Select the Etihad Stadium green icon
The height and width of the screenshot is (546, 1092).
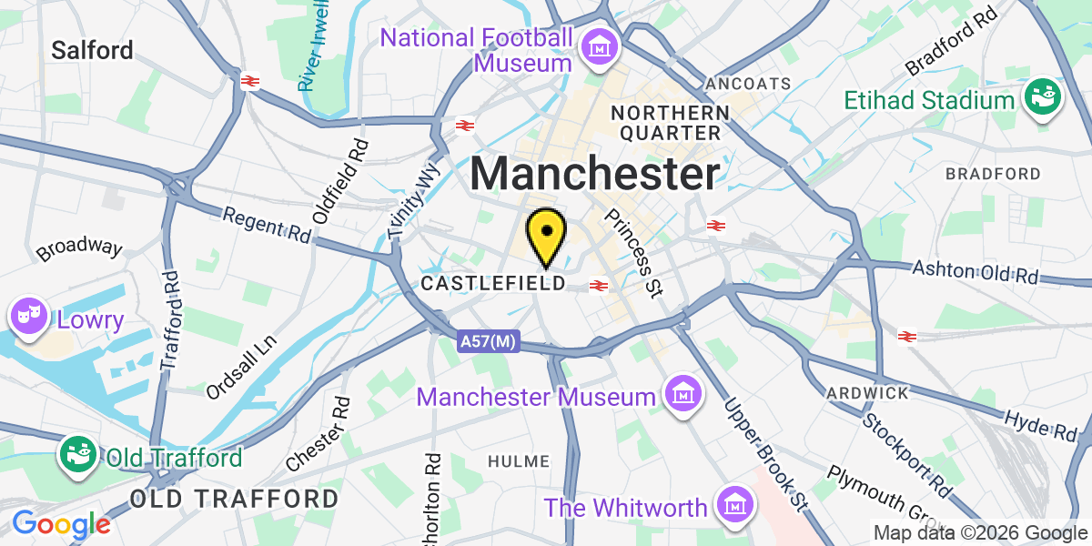coord(1043,97)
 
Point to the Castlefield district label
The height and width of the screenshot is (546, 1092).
coord(492,284)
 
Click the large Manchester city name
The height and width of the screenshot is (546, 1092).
coord(596,173)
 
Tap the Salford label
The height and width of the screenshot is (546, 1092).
coord(92,49)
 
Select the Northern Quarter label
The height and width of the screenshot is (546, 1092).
coord(671,123)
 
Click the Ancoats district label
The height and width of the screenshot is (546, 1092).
coord(748,83)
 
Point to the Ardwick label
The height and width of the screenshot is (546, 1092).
coord(867,393)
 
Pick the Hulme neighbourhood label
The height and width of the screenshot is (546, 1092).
coord(519,461)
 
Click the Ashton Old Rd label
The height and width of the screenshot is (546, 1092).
coord(976,272)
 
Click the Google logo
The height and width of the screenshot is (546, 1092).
coord(60,524)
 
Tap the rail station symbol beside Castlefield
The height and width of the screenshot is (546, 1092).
coord(599,286)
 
